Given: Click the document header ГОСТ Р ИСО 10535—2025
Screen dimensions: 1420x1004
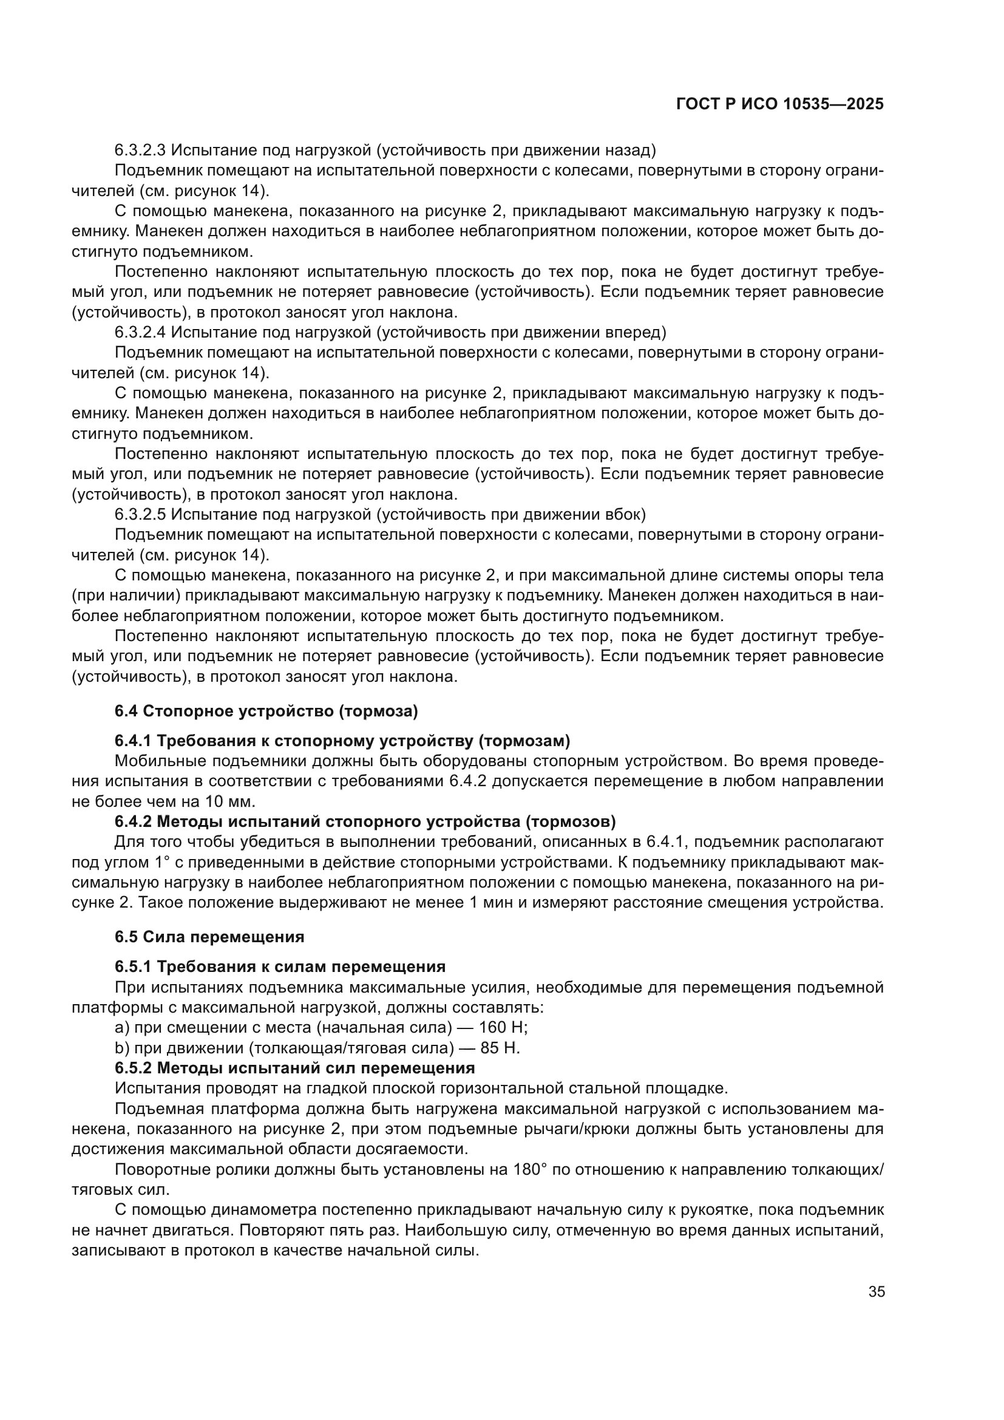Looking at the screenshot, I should tap(779, 104).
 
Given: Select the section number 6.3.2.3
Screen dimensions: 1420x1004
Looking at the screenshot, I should tap(140, 150).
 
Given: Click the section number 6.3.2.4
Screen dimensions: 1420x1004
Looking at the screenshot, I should tap(140, 332).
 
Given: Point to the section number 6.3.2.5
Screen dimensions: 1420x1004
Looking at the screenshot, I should tap(140, 514).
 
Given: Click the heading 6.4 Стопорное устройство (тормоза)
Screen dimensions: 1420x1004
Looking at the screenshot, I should tap(266, 712).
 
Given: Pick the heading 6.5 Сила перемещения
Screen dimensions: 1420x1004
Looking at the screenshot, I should tap(209, 936).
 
